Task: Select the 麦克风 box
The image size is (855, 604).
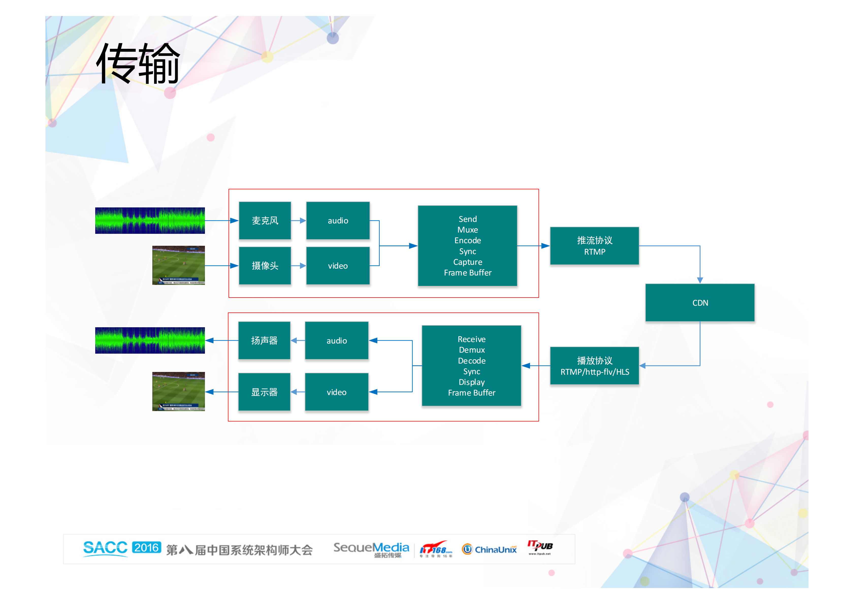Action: click(265, 220)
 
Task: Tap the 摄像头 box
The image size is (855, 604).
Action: click(265, 266)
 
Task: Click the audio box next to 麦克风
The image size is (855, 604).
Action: click(338, 220)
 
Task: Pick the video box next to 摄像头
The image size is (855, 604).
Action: click(338, 266)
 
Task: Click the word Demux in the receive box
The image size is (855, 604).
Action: click(472, 350)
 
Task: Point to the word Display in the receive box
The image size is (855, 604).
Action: click(472, 382)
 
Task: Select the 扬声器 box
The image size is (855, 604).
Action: click(264, 340)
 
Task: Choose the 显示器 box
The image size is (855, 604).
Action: click(264, 392)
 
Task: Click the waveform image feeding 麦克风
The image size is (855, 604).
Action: click(150, 220)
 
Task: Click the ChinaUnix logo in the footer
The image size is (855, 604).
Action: click(489, 549)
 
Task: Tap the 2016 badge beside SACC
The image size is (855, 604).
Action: click(146, 547)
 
